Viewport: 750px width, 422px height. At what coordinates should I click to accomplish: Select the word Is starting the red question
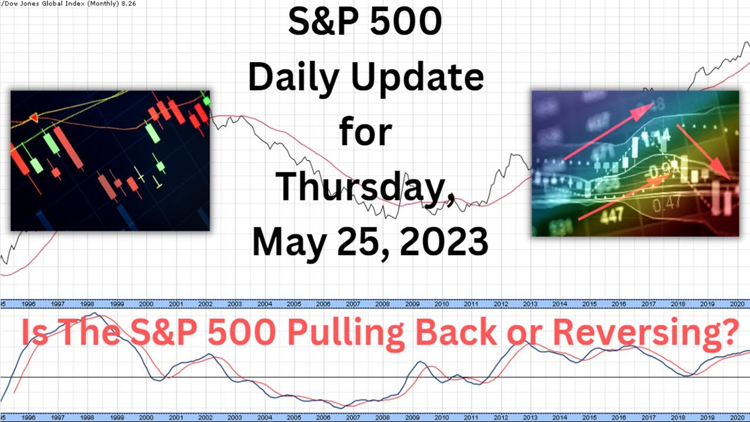[36, 332]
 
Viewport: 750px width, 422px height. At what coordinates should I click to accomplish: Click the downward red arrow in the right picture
[703, 151]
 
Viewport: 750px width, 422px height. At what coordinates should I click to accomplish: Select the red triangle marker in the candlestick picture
[33, 118]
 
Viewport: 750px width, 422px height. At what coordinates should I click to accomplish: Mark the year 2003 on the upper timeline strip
[234, 304]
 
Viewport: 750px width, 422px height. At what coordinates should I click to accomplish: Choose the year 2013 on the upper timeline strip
[530, 304]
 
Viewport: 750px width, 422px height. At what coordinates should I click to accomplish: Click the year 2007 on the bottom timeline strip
[353, 417]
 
